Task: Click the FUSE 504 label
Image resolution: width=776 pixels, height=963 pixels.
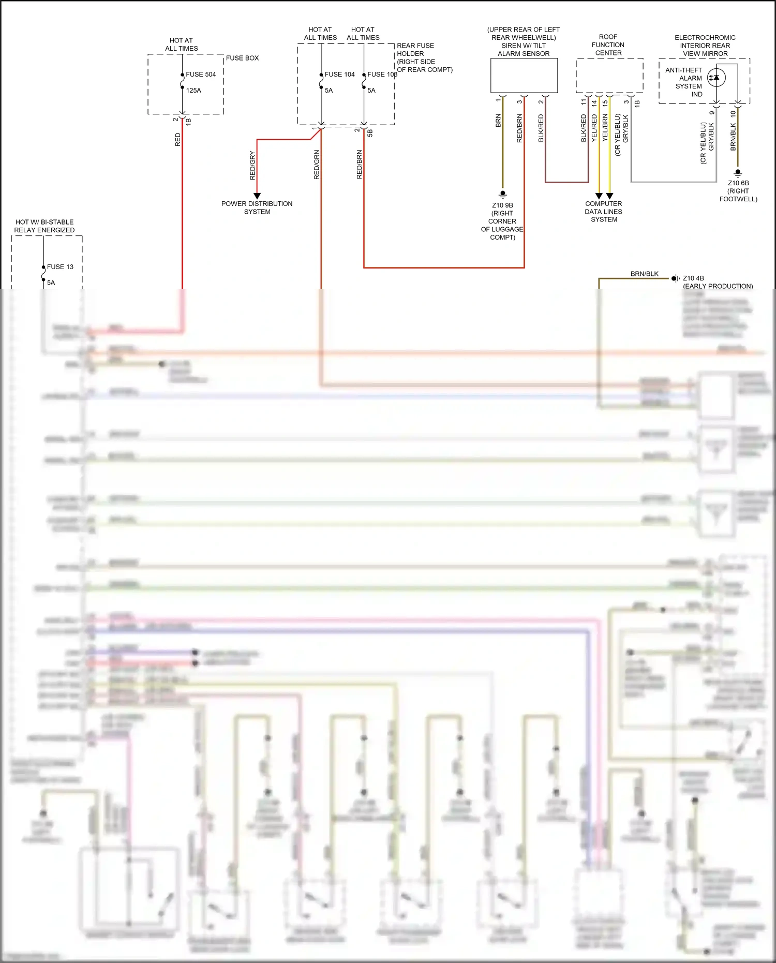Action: point(201,75)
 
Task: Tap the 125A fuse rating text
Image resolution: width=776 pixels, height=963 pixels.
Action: point(193,91)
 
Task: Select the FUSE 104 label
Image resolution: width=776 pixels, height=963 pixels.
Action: point(339,75)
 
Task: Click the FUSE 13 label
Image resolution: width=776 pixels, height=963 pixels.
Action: point(60,267)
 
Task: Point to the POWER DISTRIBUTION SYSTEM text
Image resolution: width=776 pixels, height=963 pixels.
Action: point(257,208)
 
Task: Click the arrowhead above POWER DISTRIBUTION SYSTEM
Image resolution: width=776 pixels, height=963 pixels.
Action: point(257,196)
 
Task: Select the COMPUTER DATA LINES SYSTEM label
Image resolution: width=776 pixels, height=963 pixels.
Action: point(604,212)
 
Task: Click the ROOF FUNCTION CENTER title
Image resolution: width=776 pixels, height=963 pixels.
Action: point(608,45)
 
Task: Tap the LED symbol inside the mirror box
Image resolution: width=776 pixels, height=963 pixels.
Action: point(716,78)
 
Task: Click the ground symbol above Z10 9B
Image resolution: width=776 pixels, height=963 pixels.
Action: point(502,195)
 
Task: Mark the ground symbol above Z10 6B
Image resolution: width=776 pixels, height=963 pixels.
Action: point(738,173)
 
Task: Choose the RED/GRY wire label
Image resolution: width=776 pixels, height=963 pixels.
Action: point(252,166)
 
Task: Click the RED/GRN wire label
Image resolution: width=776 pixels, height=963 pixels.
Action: point(317,165)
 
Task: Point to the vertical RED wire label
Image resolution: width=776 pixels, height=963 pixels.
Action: point(178,140)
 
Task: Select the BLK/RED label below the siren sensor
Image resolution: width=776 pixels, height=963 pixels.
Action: point(541,128)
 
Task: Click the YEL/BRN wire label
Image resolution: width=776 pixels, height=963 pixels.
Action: point(605,128)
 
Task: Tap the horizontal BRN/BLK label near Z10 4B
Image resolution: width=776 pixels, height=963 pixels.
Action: point(644,274)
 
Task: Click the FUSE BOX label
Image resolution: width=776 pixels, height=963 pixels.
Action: point(242,58)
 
